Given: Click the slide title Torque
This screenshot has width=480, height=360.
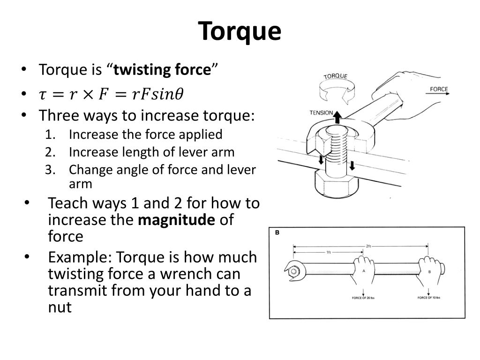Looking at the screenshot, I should click(240, 31).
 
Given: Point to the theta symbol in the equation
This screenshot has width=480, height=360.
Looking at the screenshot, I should click(179, 94).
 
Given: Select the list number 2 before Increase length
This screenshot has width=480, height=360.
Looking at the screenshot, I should click(50, 152).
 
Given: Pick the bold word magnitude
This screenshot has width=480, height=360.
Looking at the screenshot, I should click(176, 220).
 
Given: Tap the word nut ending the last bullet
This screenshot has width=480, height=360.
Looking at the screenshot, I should click(60, 307).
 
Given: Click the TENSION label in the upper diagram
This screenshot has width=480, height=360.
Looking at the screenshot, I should click(321, 112).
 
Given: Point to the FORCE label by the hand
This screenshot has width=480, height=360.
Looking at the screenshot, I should click(438, 89).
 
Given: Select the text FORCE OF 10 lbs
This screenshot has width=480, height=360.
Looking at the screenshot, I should click(429, 298).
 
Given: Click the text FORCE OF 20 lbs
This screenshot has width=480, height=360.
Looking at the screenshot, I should click(363, 298).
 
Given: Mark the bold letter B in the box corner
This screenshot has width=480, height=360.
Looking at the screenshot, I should click(277, 232).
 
